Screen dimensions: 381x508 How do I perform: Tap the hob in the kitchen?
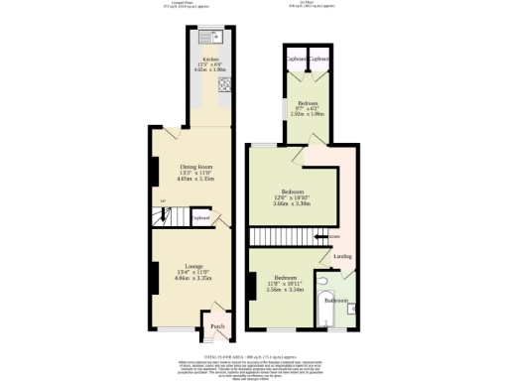click(224, 83)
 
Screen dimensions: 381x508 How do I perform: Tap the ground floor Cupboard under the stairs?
click(200, 217)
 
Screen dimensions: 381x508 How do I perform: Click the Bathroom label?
click(334, 300)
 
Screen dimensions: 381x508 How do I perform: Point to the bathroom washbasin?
click(351, 310)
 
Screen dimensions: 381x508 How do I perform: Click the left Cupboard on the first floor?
click(295, 59)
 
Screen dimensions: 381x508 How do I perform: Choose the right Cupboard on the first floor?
click(318, 59)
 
